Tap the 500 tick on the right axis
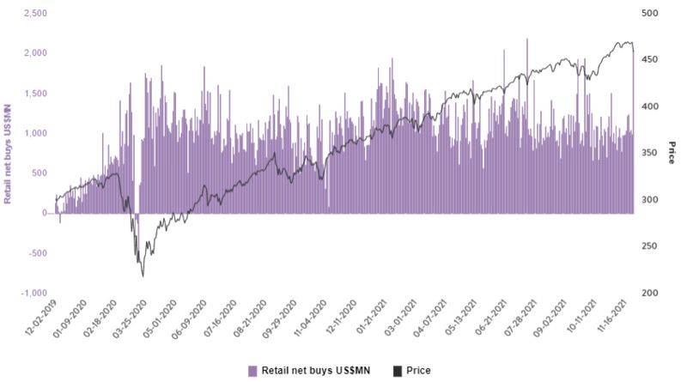pyautogui.click(x=650, y=14)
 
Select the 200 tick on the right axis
pyautogui.click(x=650, y=294)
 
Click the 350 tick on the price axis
pyautogui.click(x=650, y=154)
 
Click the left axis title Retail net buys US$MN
pyautogui.click(x=8, y=154)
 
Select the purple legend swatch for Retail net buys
pyautogui.click(x=252, y=371)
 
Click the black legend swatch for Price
pyautogui.click(x=397, y=371)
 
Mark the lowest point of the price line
pyautogui.click(x=143, y=276)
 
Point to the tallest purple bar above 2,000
pyautogui.click(x=526, y=39)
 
